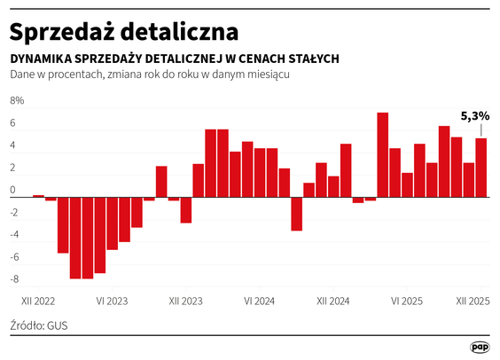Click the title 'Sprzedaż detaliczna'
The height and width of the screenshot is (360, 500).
124,31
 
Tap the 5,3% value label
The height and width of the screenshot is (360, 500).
474,116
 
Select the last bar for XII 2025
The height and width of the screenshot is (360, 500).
481,168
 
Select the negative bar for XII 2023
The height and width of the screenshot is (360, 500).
186,209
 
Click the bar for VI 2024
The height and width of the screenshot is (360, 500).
260,172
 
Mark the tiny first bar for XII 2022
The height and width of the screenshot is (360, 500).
38,195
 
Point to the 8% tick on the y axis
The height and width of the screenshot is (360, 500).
17,100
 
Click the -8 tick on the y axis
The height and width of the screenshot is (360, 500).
14,279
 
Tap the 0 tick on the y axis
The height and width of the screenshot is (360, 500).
13,190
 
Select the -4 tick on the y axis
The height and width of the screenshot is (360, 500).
14,234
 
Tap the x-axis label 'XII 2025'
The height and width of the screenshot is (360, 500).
473,301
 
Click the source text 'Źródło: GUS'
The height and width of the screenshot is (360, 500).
39,325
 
